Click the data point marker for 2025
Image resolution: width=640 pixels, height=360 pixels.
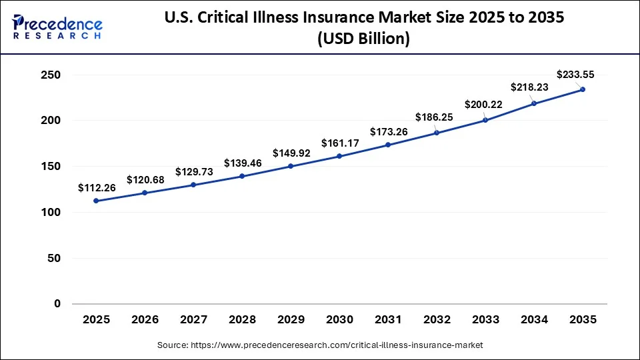pyautogui.click(x=96, y=201)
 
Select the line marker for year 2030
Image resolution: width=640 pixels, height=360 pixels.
pyautogui.click(x=339, y=156)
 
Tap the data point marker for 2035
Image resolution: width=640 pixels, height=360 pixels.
pyautogui.click(x=583, y=89)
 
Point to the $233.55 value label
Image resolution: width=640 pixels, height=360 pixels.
pyautogui.click(x=575, y=75)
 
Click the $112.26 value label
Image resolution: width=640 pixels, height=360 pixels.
pyautogui.click(x=97, y=188)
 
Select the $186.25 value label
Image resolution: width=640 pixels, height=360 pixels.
pyautogui.click(x=434, y=117)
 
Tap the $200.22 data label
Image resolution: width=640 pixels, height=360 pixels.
pyautogui.click(x=483, y=104)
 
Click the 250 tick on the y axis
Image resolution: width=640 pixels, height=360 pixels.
pyautogui.click(x=50, y=75)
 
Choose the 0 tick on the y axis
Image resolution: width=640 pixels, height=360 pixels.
pyautogui.click(x=57, y=304)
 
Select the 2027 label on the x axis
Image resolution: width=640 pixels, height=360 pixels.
pyautogui.click(x=193, y=320)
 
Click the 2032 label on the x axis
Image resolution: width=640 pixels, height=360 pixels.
pyautogui.click(x=437, y=320)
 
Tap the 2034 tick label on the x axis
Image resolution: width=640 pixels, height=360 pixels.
pyautogui.click(x=534, y=320)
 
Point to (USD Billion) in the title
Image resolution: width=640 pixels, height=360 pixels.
pyautogui.click(x=363, y=39)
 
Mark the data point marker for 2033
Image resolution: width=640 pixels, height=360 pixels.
pyautogui.click(x=485, y=120)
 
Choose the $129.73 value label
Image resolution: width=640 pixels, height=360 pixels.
pyautogui.click(x=194, y=171)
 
